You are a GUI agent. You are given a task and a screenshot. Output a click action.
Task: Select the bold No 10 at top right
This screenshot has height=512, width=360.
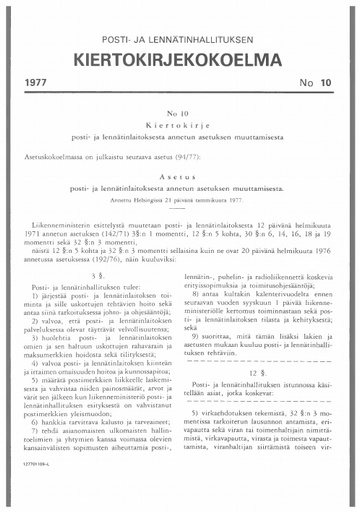click(320, 84)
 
